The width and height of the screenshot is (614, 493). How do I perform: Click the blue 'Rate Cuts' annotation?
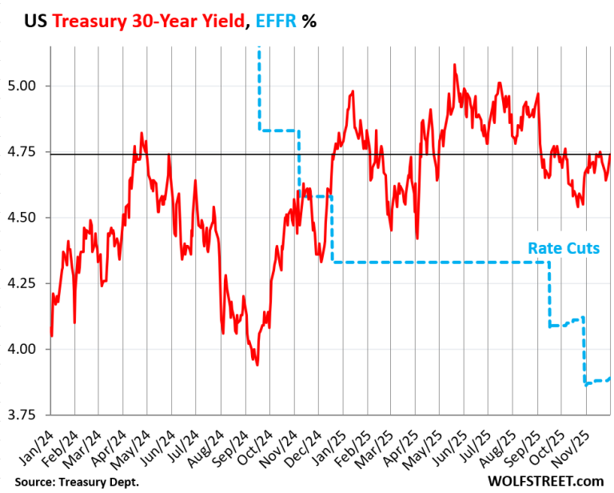pyautogui.click(x=564, y=248)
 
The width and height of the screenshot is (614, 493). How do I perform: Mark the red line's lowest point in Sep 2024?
pyautogui.click(x=257, y=365)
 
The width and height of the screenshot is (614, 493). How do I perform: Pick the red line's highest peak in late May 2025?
pyautogui.click(x=454, y=65)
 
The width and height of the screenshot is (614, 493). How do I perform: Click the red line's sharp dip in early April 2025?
pyautogui.click(x=417, y=238)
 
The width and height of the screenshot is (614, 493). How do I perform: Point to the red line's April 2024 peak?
pyautogui.click(x=142, y=133)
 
